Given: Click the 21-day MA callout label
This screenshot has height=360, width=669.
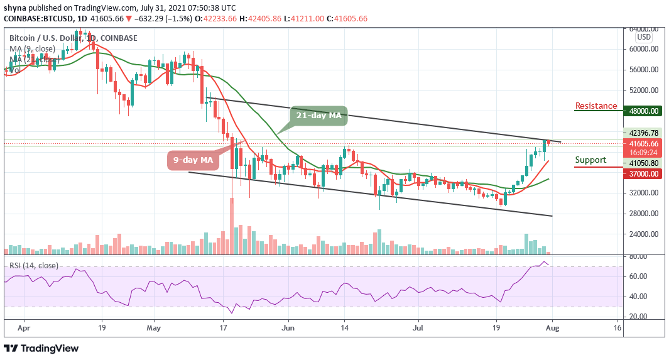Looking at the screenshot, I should [x=318, y=116].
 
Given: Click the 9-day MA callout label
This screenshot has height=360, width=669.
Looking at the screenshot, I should [x=194, y=160].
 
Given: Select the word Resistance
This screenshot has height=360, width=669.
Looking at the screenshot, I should [x=596, y=106].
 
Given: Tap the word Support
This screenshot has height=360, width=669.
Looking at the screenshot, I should [x=590, y=160].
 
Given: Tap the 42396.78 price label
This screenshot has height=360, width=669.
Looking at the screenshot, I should [x=646, y=133].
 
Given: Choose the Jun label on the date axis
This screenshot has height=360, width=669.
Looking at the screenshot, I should [x=288, y=327].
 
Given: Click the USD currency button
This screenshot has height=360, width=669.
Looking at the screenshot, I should [x=645, y=37].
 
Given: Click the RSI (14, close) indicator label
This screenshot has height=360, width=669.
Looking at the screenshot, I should [x=34, y=266].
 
